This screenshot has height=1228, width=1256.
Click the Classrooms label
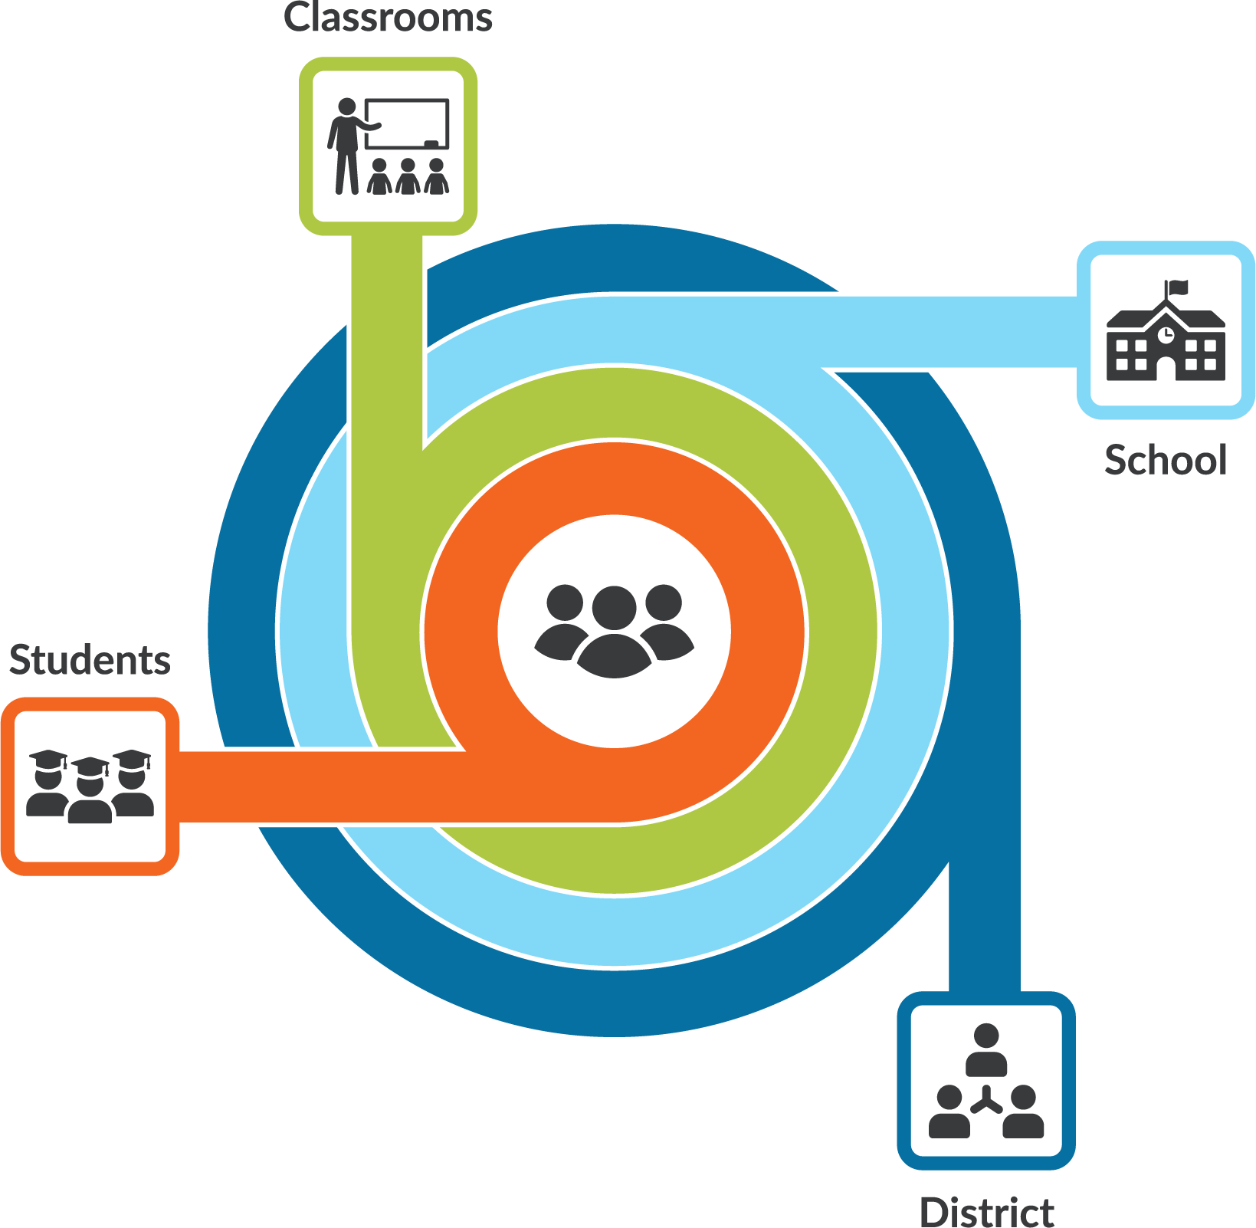(388, 17)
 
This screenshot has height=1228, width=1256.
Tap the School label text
(1166, 460)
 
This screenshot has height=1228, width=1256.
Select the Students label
(90, 659)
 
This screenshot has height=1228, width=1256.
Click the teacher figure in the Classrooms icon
(349, 146)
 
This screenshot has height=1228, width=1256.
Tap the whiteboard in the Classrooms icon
(407, 123)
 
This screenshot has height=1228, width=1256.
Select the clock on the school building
(1166, 334)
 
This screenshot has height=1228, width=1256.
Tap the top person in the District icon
(986, 1050)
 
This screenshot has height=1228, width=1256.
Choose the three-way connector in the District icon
(986, 1101)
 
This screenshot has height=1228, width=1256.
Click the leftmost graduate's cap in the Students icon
(48, 758)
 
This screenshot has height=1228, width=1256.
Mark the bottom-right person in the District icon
(1023, 1111)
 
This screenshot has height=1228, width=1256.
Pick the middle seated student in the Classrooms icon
(408, 176)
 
